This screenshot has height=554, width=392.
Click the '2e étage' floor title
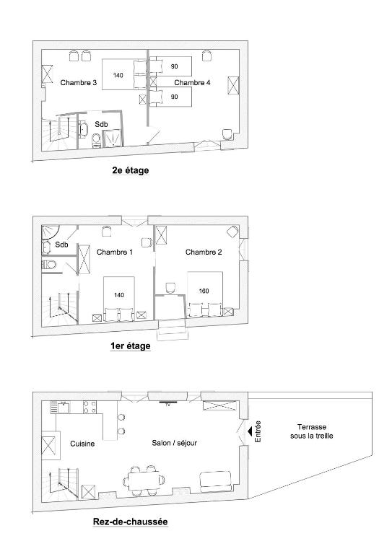point(131,170)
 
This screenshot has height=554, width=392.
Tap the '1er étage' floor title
point(131,346)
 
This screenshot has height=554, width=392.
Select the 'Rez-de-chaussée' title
point(130,521)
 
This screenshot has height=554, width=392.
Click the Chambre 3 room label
point(79,83)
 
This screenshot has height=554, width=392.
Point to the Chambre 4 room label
point(192,83)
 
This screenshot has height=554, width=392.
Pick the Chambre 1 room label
point(115,252)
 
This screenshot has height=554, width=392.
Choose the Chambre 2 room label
point(204,252)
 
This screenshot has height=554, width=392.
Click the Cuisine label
point(82,444)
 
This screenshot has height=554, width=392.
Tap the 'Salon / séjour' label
point(174,443)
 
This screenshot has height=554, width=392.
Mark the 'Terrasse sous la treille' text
point(311,431)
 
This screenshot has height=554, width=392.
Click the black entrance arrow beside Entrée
point(250,431)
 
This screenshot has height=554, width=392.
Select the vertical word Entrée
point(258,431)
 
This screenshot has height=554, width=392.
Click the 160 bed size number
point(204,291)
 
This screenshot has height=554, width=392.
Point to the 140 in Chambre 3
point(118,75)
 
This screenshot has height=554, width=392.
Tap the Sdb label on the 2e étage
point(101,124)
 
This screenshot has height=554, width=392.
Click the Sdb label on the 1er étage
point(61,244)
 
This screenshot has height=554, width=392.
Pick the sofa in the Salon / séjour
point(216,481)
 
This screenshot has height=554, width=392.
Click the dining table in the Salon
point(144,481)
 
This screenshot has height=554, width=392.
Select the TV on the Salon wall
point(168,403)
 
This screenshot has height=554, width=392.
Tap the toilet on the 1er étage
point(49,264)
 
